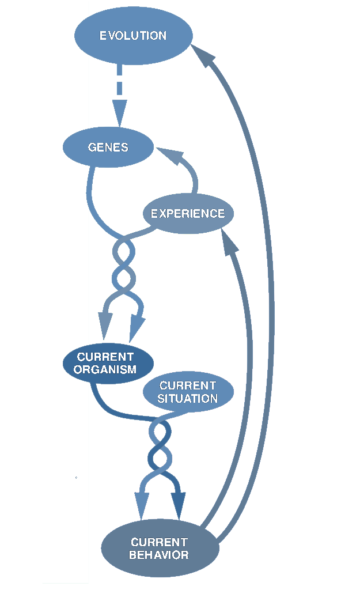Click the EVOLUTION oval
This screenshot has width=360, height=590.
point(132,36)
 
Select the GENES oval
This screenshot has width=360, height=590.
point(108,147)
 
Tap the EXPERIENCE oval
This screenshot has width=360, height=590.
point(188,214)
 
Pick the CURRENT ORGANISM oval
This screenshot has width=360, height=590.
point(107,364)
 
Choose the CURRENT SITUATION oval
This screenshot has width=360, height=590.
point(188,392)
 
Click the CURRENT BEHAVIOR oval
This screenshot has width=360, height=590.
point(160,549)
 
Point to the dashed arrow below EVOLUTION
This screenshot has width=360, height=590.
point(119,81)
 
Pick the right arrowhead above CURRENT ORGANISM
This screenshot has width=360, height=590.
point(137,327)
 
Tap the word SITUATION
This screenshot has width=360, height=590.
point(188,398)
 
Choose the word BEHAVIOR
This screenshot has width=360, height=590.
point(159,555)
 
